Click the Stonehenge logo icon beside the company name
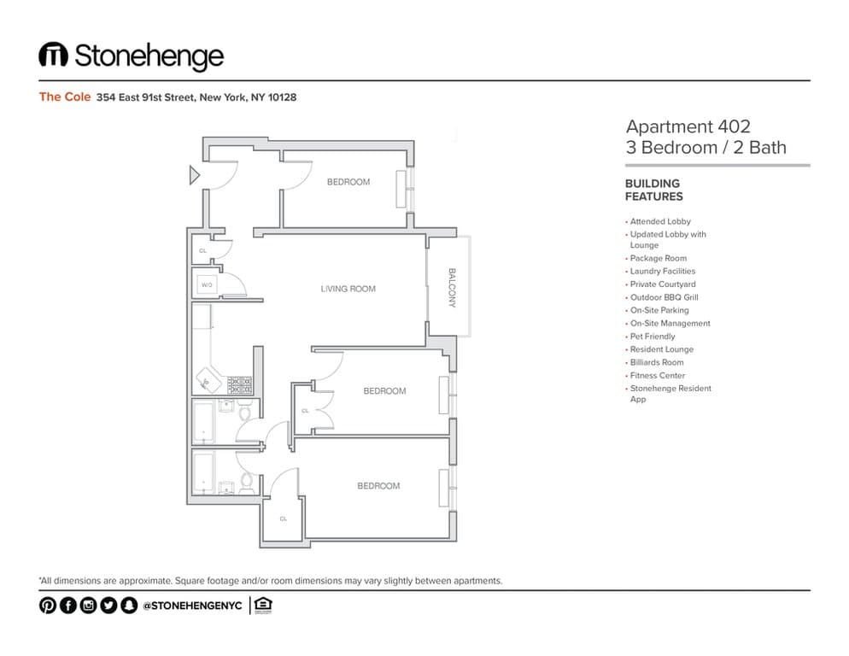[53, 56]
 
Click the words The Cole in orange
[64, 97]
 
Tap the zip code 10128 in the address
[282, 97]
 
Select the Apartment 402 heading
[688, 126]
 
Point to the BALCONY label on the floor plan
[452, 288]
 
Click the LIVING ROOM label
[348, 289]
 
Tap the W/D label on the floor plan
[207, 284]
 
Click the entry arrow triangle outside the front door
[194, 176]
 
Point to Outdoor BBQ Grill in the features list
[664, 297]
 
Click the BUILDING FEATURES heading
[653, 190]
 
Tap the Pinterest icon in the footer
[47, 606]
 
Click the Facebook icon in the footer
[67, 606]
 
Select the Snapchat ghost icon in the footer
[128, 606]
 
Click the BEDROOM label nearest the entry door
[348, 182]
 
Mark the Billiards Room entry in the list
[656, 362]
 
